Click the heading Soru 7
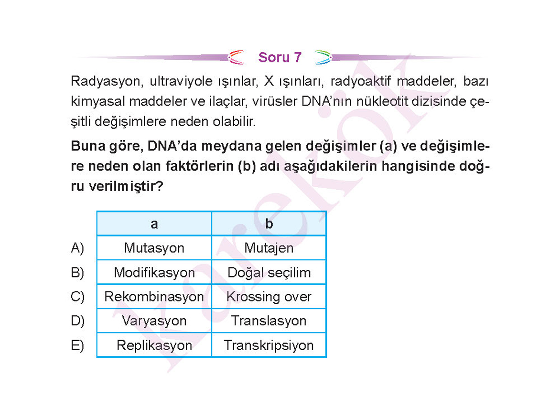click(x=280, y=57)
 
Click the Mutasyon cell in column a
click(x=154, y=248)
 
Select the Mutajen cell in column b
click(x=269, y=248)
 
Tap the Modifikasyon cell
click(x=154, y=272)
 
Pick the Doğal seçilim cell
click(x=269, y=273)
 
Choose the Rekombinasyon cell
click(x=154, y=297)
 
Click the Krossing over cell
click(x=269, y=297)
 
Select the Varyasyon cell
click(x=154, y=321)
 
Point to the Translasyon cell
click(x=269, y=321)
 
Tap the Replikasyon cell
click(x=154, y=345)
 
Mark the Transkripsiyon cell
click(x=269, y=345)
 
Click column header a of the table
click(x=154, y=224)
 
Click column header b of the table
click(x=269, y=224)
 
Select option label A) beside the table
click(x=77, y=248)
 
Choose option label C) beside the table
click(x=77, y=297)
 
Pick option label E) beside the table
click(x=77, y=345)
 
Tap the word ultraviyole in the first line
click(x=181, y=81)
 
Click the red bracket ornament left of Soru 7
click(x=236, y=57)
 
